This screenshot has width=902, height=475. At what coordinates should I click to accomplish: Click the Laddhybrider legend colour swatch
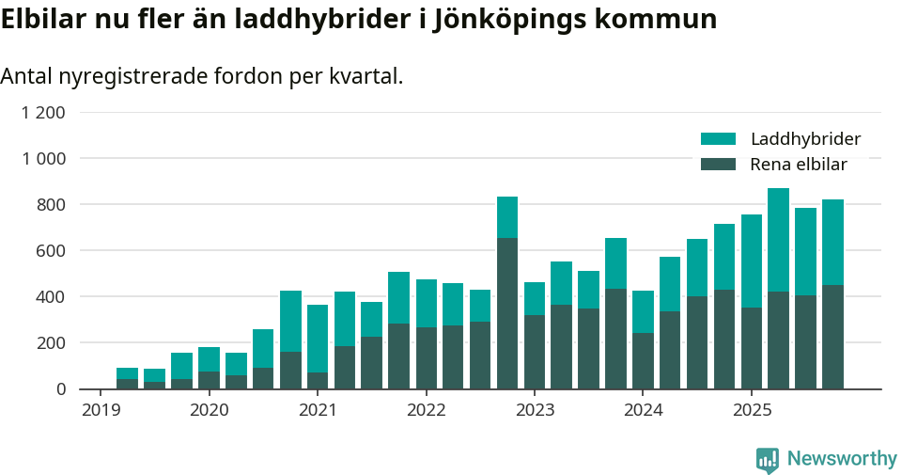718,139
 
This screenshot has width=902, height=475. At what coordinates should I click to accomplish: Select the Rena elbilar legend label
799,165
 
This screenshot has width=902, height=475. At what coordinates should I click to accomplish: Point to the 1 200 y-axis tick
44,113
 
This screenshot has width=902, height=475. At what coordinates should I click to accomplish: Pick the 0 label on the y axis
61,389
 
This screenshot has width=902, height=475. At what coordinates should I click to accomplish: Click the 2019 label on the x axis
101,410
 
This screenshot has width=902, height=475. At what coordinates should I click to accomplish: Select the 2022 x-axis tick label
426,410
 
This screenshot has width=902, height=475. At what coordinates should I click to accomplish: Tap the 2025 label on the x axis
752,410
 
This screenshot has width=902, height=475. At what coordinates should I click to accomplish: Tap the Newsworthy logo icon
768,460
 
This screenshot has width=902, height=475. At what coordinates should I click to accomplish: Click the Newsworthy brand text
842,459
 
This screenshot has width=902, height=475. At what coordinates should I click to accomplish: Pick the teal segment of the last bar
832,242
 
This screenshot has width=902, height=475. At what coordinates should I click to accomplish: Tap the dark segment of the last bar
832,337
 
